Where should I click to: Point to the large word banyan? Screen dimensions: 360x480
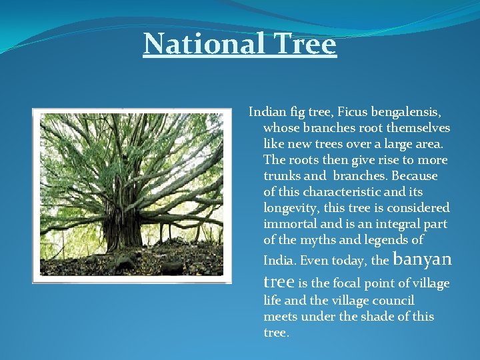pos(423,257)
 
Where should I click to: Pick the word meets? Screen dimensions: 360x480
pos(281,316)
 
